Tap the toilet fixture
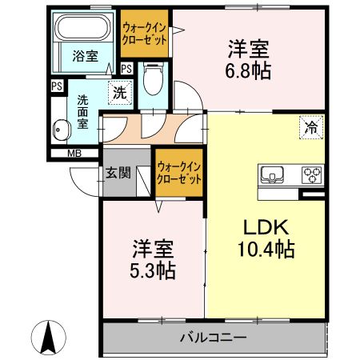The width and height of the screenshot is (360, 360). coord(153,78)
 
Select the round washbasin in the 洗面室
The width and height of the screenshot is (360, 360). coord(61,130)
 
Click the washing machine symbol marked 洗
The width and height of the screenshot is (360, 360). coord(120,93)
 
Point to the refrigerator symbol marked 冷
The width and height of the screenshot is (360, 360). coord(311,127)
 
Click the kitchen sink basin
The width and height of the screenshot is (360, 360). coord(272,174)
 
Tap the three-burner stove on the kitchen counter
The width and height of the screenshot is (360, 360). coord(312,174)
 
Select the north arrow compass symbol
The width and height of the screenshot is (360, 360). coord(48,338)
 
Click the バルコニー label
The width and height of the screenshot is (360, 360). coord(213,338)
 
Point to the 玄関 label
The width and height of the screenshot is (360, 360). coord(118,173)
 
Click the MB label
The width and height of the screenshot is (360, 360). coord(74,154)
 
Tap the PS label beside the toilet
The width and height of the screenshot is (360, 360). coord(126,69)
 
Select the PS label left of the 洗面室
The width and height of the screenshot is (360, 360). coord(57,86)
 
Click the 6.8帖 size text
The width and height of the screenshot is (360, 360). coord(249,70)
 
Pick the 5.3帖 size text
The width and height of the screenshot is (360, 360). coord(153,270)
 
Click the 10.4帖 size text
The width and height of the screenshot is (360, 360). coord(266,249)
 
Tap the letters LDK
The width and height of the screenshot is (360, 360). coord(266,227)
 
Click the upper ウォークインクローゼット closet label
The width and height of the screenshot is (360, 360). coord(144,34)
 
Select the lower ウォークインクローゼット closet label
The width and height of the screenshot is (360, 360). coord(179,174)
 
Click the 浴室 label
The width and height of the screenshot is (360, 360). coord(86,56)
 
